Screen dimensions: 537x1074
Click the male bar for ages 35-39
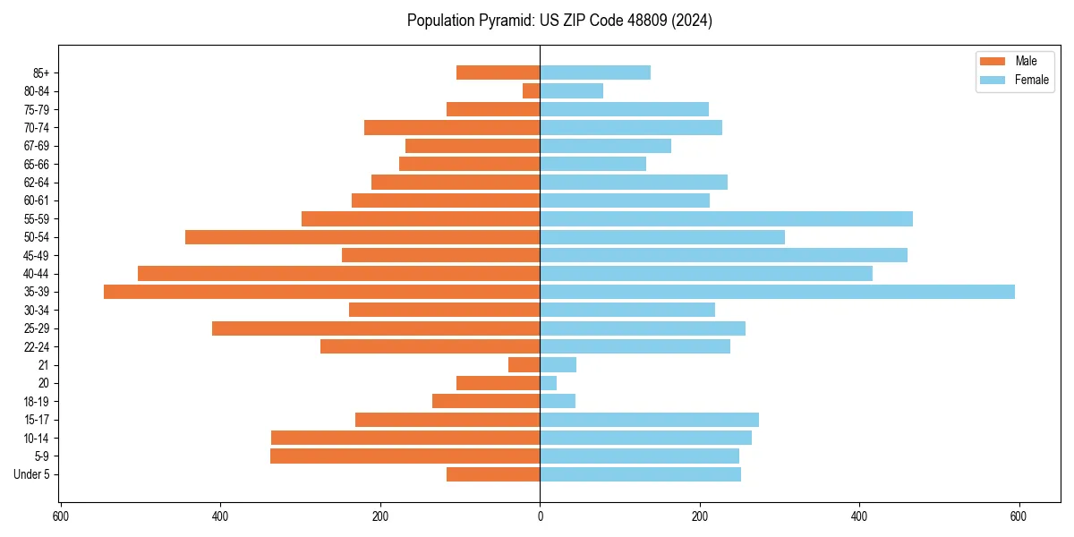[321, 292]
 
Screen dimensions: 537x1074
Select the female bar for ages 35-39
[777, 292]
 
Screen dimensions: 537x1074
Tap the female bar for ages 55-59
[726, 219]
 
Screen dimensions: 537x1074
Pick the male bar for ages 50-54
[362, 237]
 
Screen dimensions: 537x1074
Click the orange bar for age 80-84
[531, 91]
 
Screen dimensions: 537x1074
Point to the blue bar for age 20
[549, 383]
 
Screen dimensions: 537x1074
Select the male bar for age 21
[524, 365]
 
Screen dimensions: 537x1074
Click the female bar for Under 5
[640, 474]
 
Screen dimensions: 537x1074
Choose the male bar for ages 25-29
[376, 328]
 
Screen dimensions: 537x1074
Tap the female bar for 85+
[595, 72]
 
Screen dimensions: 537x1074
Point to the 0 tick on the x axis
[540, 516]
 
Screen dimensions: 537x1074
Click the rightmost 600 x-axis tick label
[1019, 516]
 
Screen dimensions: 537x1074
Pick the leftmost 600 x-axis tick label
[61, 516]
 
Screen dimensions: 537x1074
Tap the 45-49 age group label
[37, 256]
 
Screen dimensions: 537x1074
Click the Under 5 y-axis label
[32, 474]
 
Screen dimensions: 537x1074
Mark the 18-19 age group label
[37, 402]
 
